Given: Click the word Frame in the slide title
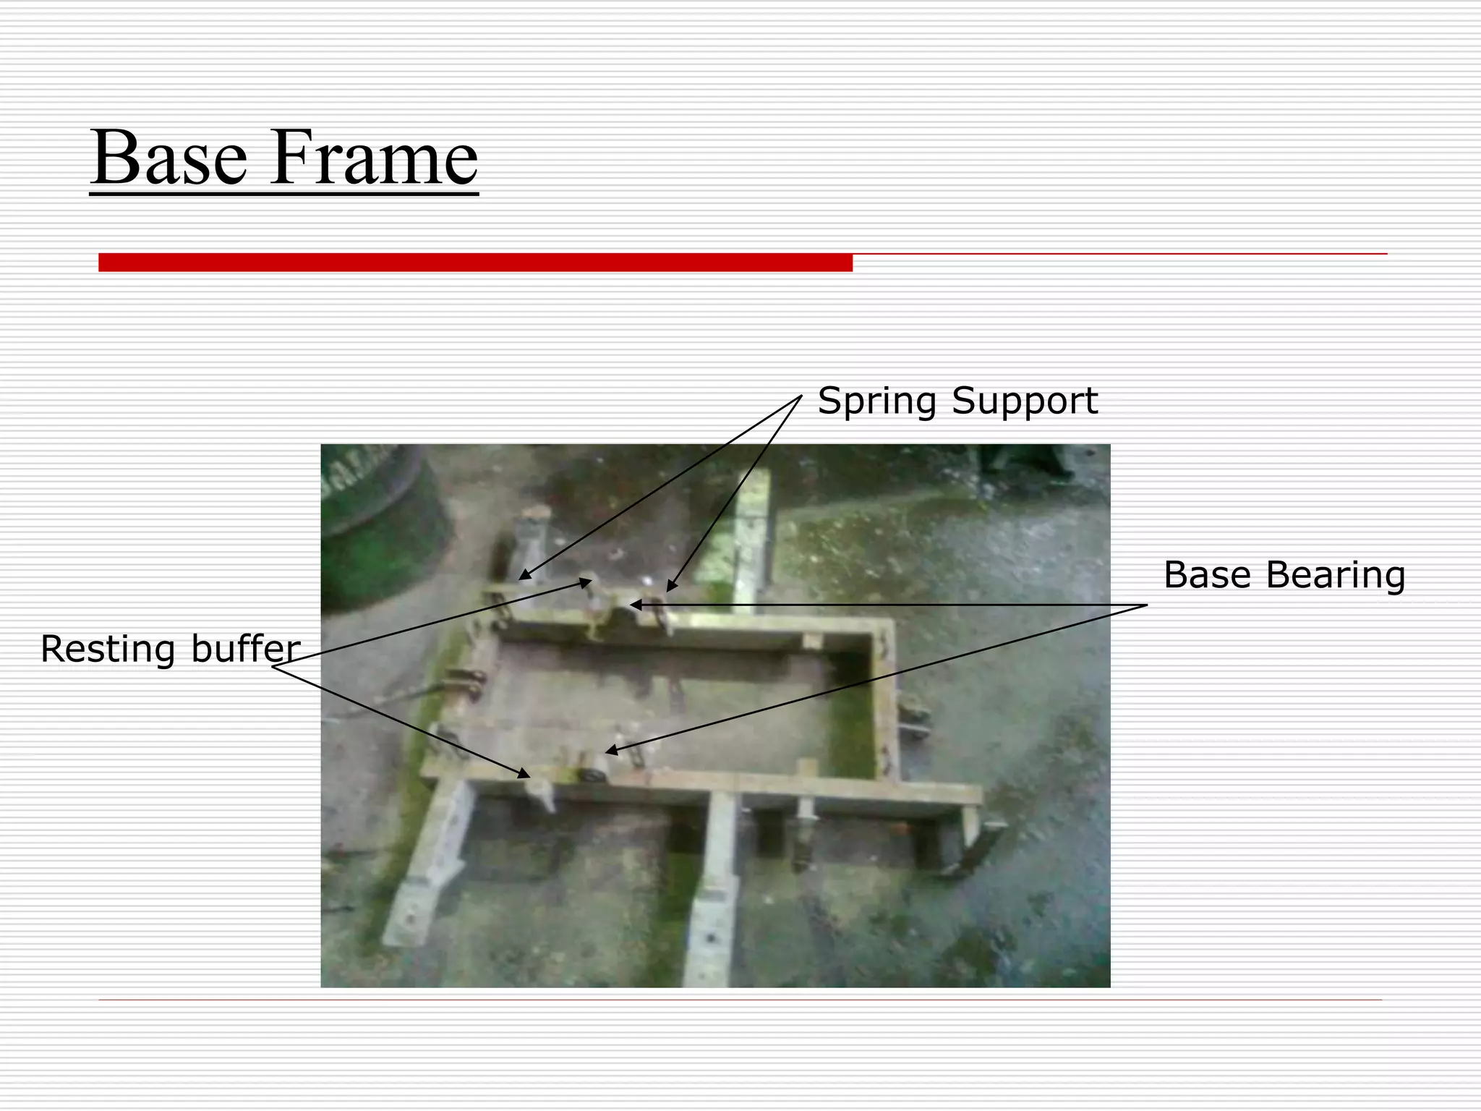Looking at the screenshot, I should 374,158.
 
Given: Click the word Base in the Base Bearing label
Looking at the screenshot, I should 1208,576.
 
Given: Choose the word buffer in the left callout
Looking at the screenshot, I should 246,649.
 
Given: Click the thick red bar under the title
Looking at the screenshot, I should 475,263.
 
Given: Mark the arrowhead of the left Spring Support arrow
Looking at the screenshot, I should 523,578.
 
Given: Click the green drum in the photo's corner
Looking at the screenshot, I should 376,528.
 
